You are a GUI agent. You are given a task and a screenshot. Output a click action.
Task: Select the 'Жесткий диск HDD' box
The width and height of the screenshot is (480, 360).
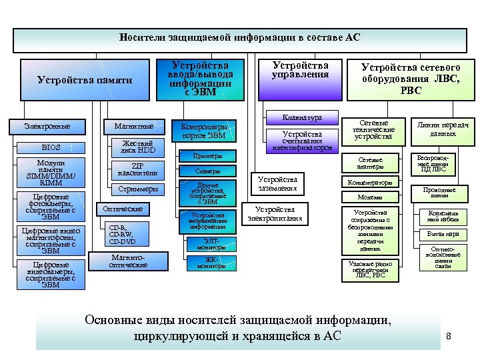coord(137,147)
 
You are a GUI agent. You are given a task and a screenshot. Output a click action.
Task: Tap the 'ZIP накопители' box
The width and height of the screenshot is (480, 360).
coord(137,169)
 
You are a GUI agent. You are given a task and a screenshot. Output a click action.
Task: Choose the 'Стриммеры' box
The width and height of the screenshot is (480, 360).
coord(137,189)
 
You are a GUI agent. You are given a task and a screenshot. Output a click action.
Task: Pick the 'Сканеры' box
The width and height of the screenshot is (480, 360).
coord(207,171)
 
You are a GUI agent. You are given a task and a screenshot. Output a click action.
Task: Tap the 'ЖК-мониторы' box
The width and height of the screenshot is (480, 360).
coord(210,263)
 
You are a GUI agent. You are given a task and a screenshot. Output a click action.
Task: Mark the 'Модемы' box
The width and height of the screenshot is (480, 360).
coord(370,197)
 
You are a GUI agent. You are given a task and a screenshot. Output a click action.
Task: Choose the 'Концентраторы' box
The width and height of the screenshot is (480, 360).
coord(370,182)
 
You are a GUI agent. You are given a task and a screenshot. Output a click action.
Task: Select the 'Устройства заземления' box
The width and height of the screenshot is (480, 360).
coord(277,183)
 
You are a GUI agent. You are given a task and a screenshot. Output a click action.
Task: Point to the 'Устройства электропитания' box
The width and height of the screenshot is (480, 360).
coord(274,214)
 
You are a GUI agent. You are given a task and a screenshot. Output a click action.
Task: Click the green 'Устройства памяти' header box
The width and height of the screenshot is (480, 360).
coord(85,81)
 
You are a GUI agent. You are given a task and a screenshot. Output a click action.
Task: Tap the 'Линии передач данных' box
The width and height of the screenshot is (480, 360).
coord(443,130)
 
